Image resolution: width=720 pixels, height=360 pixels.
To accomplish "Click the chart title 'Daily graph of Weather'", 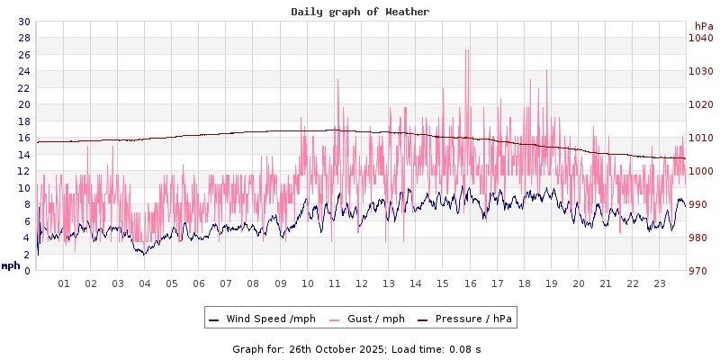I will coord(360,12).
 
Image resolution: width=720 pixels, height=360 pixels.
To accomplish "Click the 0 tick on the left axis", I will coord(27,271).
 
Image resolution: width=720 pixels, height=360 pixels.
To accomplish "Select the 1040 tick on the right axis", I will coord(701,38).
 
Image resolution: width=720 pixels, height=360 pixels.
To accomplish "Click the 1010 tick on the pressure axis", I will coord(701,138).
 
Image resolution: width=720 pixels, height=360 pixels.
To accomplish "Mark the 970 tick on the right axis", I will coord(701,271).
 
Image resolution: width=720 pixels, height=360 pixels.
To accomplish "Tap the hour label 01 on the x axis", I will coord(64,284).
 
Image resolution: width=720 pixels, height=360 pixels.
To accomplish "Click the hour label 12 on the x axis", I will coord(362,284).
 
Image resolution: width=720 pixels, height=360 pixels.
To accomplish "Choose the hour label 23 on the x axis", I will coord(660,284).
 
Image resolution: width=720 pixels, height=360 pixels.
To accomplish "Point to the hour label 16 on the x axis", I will coord(470,284).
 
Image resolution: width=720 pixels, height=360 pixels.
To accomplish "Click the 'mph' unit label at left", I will coord(11,265).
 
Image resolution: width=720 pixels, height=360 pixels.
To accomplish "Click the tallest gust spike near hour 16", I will coord(466,50).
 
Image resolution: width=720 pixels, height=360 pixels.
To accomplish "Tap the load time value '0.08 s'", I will coord(465,348).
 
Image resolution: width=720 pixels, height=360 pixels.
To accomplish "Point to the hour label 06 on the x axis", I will coord(199,284).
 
